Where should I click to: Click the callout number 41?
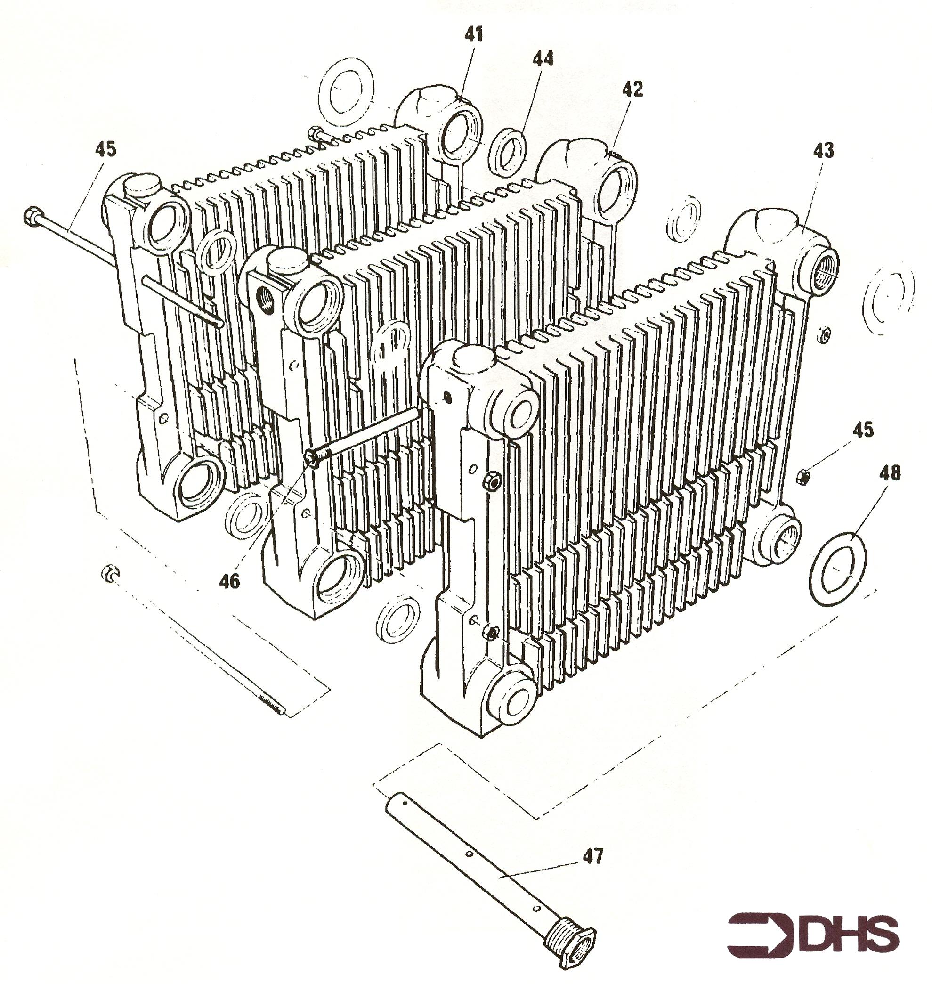point(473,34)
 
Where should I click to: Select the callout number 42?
point(632,89)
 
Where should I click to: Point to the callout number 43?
point(823,150)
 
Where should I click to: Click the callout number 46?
point(229,580)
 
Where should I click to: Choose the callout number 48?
point(889,472)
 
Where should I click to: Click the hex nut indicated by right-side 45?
point(802,478)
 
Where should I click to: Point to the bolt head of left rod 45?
point(31,215)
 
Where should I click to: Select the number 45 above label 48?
point(863,430)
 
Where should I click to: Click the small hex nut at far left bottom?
point(109,573)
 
